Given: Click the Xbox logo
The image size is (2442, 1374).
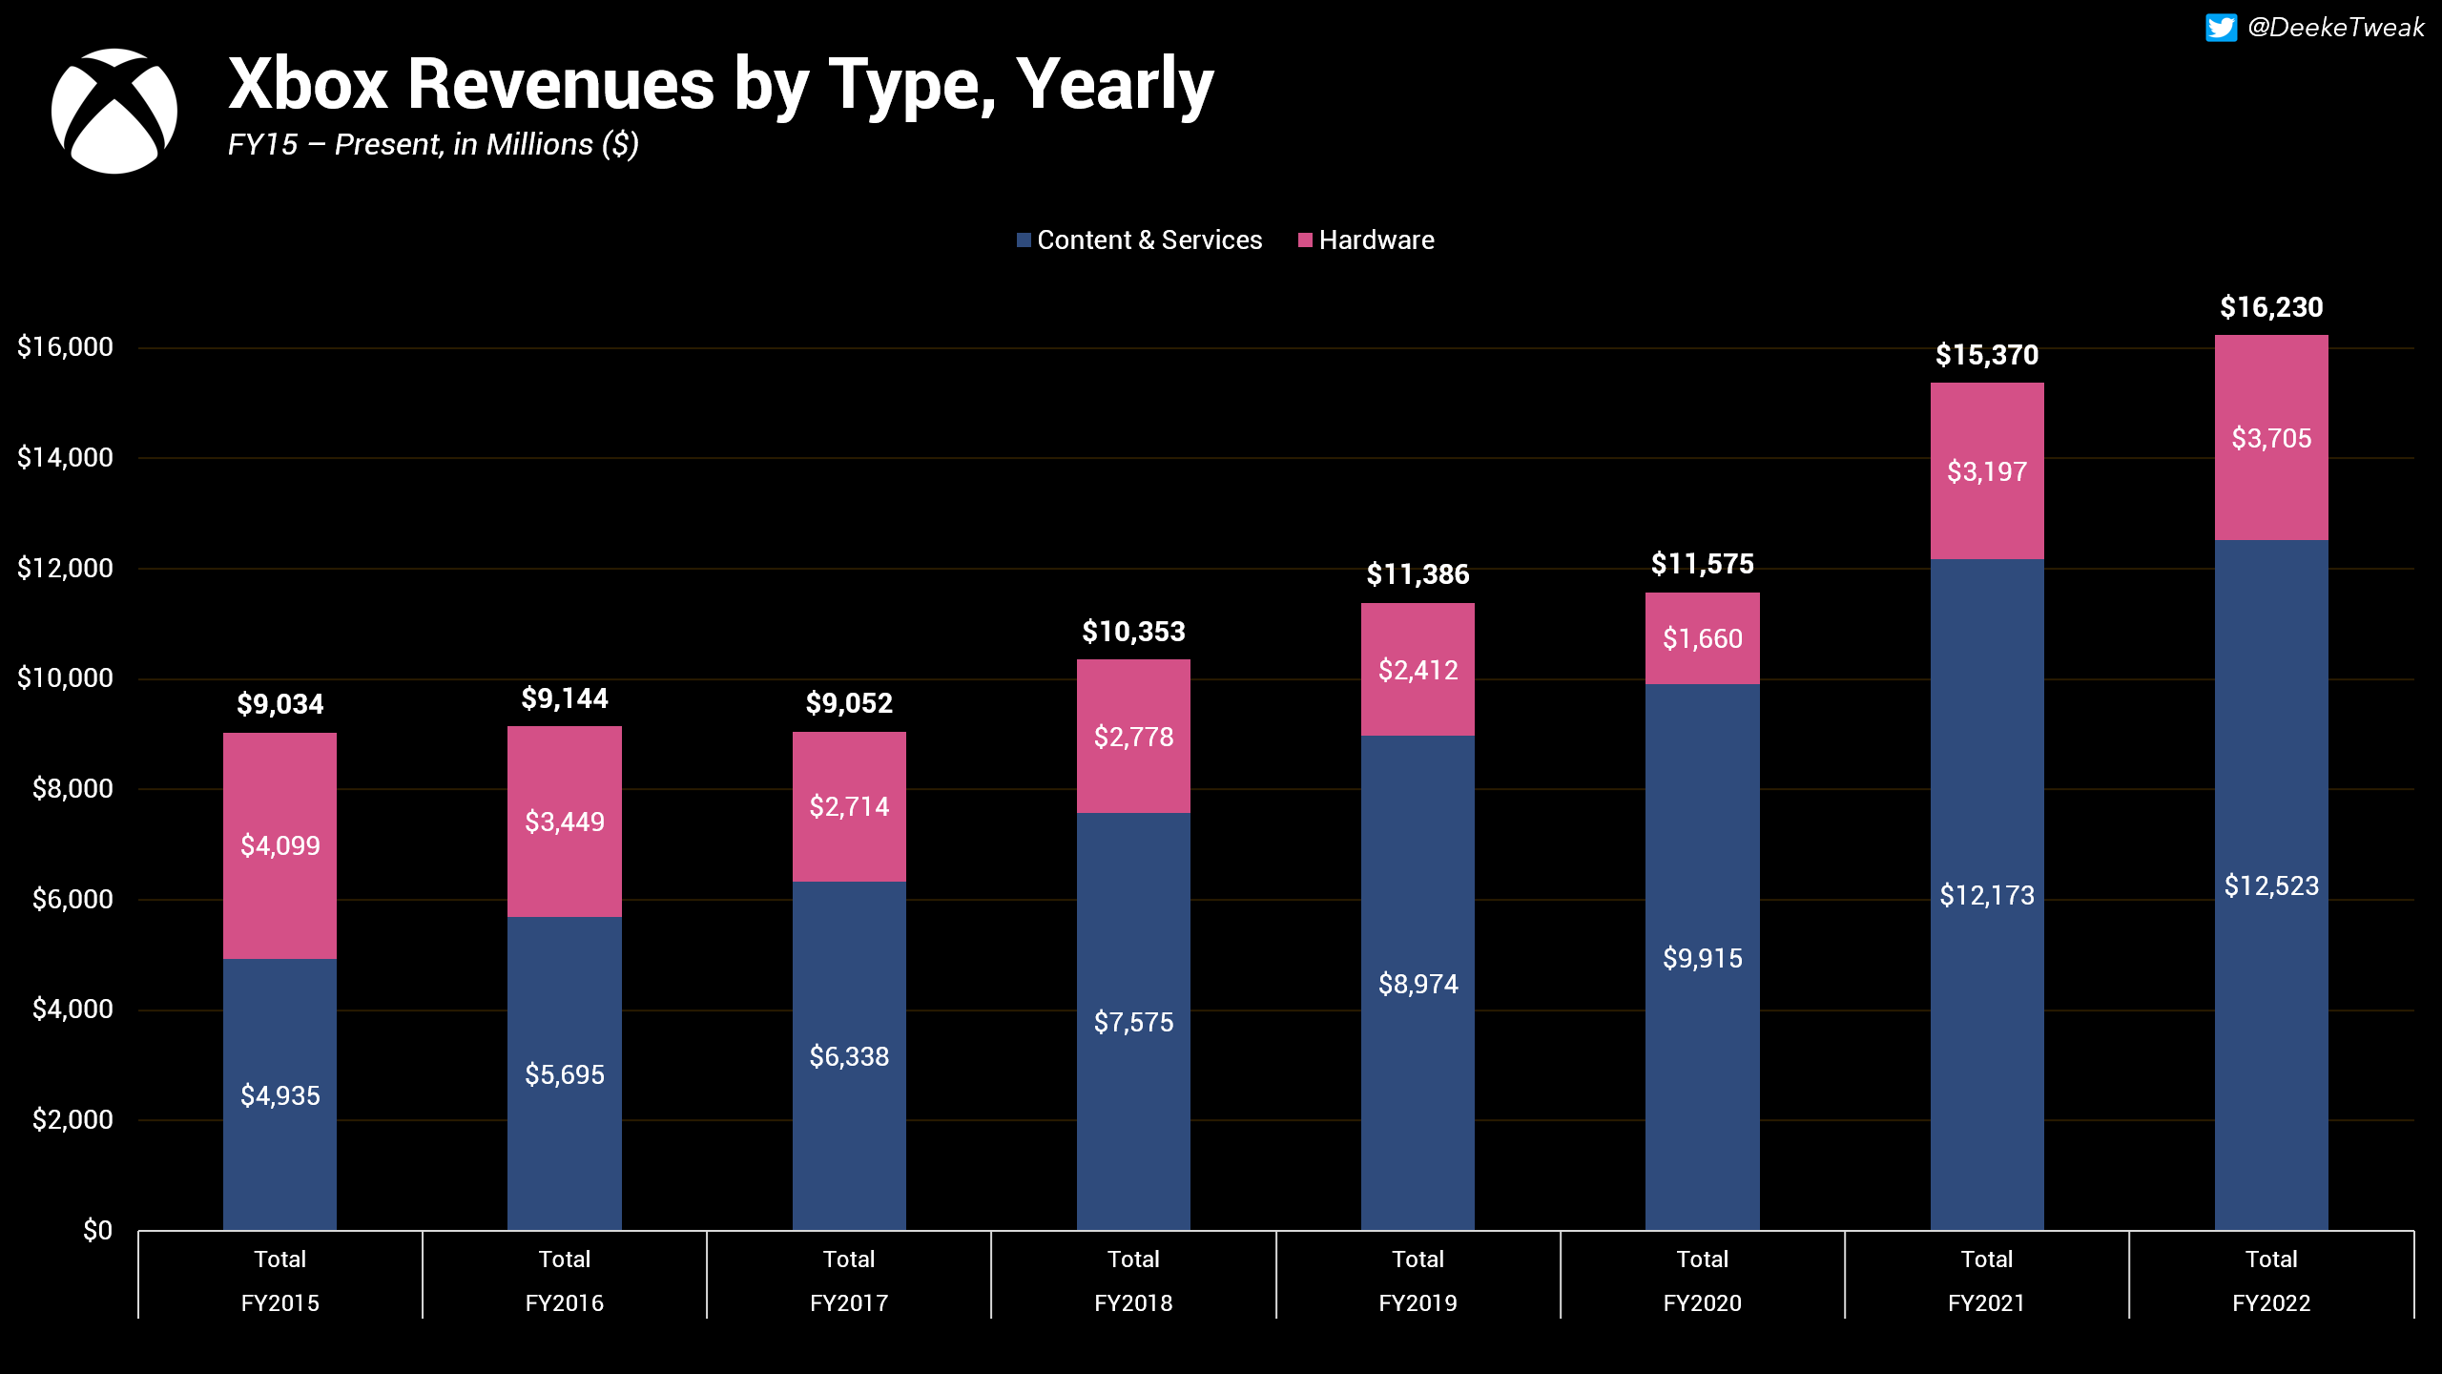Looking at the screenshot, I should pyautogui.click(x=114, y=111).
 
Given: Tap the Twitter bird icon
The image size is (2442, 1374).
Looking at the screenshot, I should pyautogui.click(x=2220, y=28).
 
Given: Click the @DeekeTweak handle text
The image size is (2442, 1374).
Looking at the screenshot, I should pyautogui.click(x=2335, y=28).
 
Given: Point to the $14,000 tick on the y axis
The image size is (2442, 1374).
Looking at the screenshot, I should pyautogui.click(x=65, y=458).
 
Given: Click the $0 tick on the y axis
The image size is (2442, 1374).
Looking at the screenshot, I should pyautogui.click(x=97, y=1230).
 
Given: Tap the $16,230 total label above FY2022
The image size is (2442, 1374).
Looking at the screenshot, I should pyautogui.click(x=2271, y=307).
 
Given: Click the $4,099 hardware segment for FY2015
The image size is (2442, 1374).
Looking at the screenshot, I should pyautogui.click(x=279, y=845).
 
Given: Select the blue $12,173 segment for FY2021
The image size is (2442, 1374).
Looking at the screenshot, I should pyautogui.click(x=1987, y=895).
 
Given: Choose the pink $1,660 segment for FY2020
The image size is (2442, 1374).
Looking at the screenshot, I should pyautogui.click(x=1702, y=638).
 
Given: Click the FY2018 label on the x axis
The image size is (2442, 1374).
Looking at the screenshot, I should pyautogui.click(x=1133, y=1303).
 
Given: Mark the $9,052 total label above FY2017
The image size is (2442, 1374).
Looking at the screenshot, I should pyautogui.click(x=849, y=704).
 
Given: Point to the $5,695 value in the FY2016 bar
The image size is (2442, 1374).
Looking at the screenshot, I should pyautogui.click(x=565, y=1075).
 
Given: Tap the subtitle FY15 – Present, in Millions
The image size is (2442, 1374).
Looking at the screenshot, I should pyautogui.click(x=432, y=144).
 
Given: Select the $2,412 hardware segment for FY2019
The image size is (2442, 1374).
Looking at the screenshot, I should pyautogui.click(x=1418, y=670).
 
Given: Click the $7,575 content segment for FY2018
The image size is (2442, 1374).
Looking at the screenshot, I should pyautogui.click(x=1133, y=1022).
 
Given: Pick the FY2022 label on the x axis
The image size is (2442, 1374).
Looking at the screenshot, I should pyautogui.click(x=2271, y=1303).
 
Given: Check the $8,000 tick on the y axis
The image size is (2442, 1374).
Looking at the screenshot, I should pyautogui.click(x=72, y=789).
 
